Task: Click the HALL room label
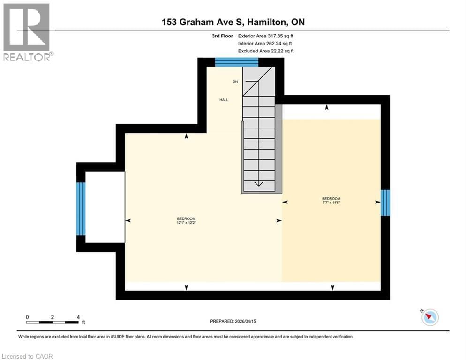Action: (x=224, y=100)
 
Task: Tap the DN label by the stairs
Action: (x=235, y=82)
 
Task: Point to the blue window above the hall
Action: (x=236, y=62)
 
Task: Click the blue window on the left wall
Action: (x=81, y=209)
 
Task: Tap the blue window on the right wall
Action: (x=385, y=202)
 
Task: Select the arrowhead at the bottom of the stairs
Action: (x=258, y=184)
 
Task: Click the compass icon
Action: (x=429, y=317)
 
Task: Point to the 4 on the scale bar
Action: (x=78, y=317)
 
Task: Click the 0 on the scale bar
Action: (x=28, y=317)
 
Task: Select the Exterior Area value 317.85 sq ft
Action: (x=281, y=36)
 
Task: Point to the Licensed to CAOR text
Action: (x=28, y=356)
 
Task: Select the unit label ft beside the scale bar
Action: (x=83, y=322)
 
